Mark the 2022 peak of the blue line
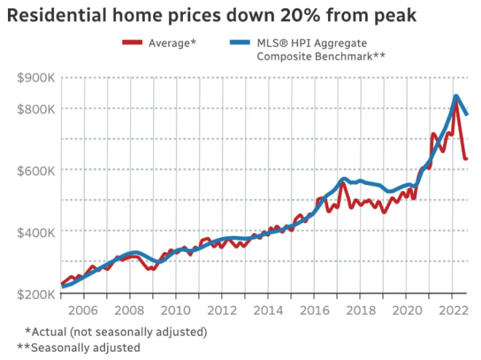[456, 96]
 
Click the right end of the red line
[466, 158]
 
